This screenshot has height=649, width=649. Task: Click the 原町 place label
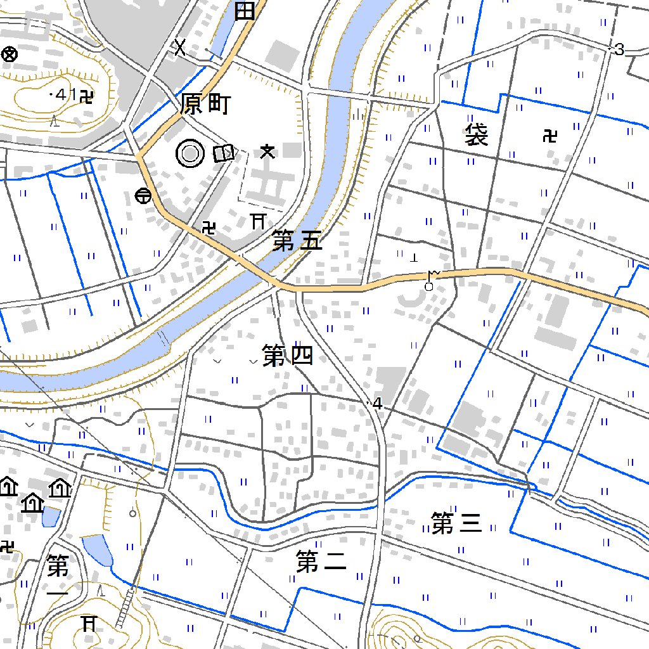tap(205, 105)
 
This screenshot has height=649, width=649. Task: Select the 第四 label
tap(288, 356)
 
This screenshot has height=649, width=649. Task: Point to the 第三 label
tap(456, 524)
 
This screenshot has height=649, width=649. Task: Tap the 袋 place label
tap(476, 135)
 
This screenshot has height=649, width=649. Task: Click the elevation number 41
tap(65, 95)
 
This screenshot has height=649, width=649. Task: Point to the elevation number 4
tap(378, 403)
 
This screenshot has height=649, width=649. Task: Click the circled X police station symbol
tap(9, 55)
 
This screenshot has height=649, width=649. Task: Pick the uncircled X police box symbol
tap(181, 47)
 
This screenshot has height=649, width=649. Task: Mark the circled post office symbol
tap(143, 196)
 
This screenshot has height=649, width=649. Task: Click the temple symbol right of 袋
tap(550, 135)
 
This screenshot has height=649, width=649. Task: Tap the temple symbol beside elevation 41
tap(87, 96)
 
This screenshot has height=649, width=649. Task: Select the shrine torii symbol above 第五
tap(257, 221)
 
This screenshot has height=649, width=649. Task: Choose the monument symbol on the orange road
tap(431, 280)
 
